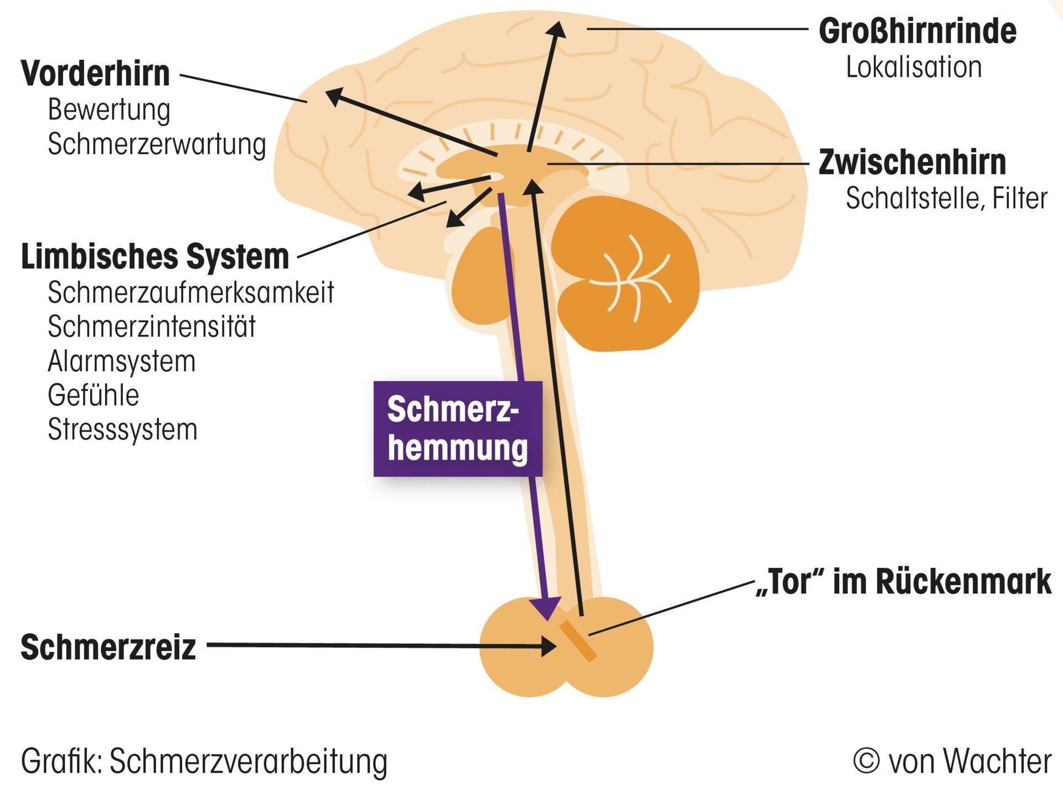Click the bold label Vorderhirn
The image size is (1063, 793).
(95, 74)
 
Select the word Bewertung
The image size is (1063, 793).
(109, 110)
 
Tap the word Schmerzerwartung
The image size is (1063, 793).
(157, 144)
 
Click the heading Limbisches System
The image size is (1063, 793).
(155, 257)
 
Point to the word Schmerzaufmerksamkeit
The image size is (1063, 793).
(191, 292)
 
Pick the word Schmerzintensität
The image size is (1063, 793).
(152, 326)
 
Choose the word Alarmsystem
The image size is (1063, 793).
(122, 361)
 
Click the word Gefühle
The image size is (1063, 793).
(94, 395)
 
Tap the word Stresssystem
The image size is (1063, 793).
(122, 429)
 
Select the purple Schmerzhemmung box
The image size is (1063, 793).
(457, 429)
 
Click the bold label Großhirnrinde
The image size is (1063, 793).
(917, 31)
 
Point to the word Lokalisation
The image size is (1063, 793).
(914, 67)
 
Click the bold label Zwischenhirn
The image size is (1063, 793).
(912, 162)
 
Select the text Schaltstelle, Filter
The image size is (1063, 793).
(946, 198)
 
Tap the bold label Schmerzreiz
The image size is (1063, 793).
(109, 647)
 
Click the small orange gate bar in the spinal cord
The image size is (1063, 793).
(577, 641)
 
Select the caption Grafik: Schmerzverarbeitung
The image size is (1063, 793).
(204, 761)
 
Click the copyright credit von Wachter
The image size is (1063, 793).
(952, 761)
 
